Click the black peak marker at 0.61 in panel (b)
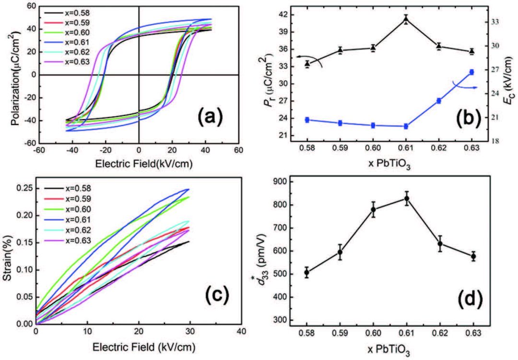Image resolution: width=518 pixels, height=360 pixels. pos(406,20)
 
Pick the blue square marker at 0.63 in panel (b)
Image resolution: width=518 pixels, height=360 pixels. pos(471,72)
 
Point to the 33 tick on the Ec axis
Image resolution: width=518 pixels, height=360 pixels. pos(494,22)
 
